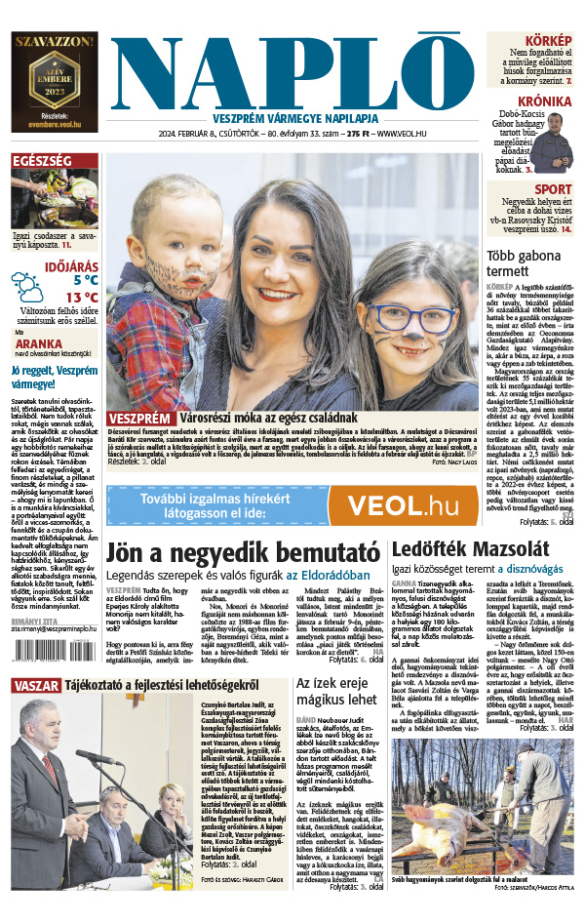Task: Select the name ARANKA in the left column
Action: [34, 343]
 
